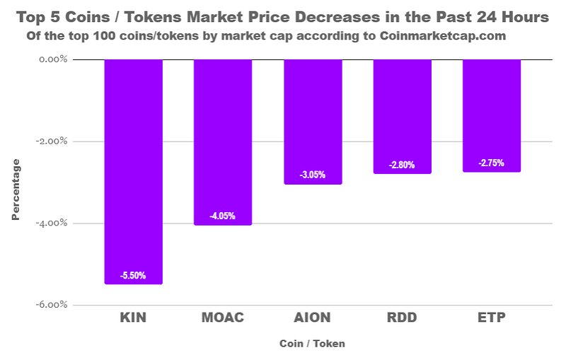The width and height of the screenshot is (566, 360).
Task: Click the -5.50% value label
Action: [134, 276]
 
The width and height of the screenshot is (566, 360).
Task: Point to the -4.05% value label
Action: [223, 216]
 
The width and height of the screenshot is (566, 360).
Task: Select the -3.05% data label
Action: [313, 175]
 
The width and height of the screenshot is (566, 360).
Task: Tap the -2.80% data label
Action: [402, 165]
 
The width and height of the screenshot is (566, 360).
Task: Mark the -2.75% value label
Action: [492, 163]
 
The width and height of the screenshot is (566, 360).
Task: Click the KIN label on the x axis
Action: [134, 318]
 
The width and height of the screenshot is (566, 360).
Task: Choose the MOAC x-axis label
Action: [223, 318]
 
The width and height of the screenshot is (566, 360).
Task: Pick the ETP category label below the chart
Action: [492, 318]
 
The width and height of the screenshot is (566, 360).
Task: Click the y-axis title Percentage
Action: [16, 190]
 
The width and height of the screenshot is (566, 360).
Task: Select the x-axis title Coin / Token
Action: [312, 344]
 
